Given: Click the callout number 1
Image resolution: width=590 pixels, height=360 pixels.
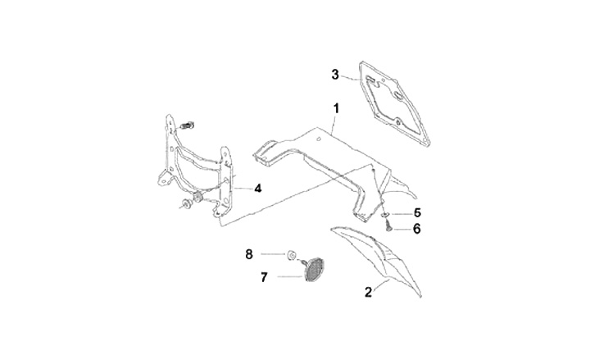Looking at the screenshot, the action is pos(336,107).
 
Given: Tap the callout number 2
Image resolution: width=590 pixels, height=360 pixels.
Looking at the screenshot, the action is pos(368,291).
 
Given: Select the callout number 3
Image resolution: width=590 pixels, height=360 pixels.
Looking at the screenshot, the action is pos(335,75).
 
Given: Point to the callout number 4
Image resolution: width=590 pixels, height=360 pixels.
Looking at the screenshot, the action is pos(257,188).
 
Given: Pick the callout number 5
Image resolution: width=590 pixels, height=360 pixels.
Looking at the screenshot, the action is pos(416,212).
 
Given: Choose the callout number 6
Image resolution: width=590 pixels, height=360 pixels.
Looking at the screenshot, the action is pos(416,228).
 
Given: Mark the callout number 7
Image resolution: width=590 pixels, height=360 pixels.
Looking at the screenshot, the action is pos(264,278).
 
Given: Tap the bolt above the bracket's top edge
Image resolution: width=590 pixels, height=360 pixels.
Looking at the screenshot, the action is pos(188,125).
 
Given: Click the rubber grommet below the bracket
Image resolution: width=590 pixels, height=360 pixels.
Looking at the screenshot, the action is pos(197,200).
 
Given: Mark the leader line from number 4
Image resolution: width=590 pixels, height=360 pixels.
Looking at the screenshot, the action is pos(241,189).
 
